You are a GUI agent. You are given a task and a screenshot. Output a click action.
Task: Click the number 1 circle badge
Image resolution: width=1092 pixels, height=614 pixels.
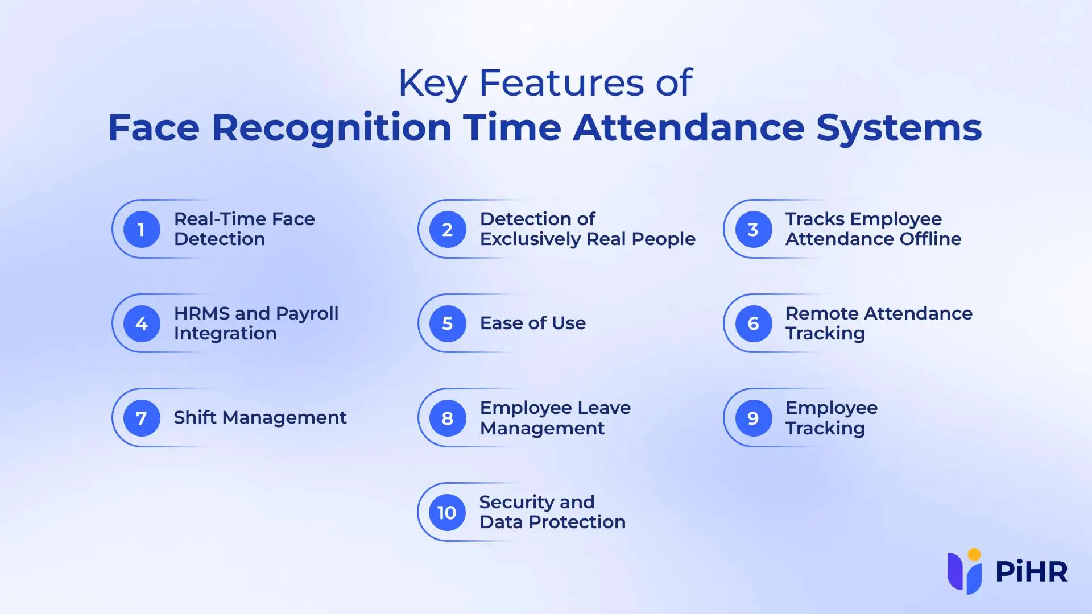(x=142, y=229)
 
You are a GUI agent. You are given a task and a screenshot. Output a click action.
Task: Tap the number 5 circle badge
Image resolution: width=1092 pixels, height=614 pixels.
(x=448, y=323)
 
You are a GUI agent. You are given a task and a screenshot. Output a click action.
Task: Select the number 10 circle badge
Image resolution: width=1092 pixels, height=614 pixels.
(x=447, y=512)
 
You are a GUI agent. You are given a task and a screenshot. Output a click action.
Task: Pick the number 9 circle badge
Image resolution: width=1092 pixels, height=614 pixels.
(x=754, y=418)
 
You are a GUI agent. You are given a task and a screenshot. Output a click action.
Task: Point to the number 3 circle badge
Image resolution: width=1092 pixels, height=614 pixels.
(x=754, y=229)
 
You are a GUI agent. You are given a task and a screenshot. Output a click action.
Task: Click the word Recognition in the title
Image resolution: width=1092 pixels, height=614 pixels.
(x=332, y=128)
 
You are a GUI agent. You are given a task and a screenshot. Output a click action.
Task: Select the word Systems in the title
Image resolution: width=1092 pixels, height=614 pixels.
(x=899, y=128)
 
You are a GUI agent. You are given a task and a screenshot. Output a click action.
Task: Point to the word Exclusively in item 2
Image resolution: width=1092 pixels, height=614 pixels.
(x=523, y=239)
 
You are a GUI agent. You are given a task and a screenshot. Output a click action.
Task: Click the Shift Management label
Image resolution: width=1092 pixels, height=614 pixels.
(x=260, y=418)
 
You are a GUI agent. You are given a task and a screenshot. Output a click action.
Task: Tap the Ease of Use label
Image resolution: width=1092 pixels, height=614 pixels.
(x=533, y=323)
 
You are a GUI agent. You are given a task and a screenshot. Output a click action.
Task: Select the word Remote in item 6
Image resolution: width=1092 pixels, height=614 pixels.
(x=822, y=313)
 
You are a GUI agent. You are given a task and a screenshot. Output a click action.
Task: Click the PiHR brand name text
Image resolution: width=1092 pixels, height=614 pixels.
(x=1032, y=572)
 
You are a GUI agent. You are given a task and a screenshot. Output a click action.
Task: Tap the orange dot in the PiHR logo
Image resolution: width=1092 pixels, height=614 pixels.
(x=974, y=554)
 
